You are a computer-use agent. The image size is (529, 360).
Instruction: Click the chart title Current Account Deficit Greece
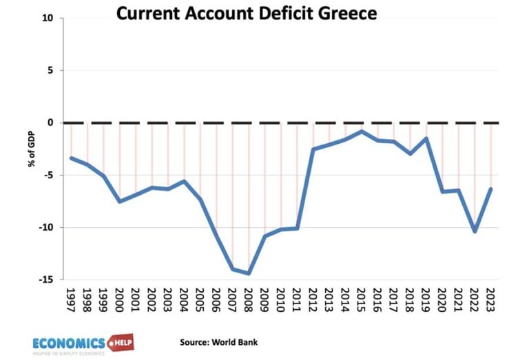click(246, 14)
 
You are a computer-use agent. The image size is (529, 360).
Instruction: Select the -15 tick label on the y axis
click(46, 279)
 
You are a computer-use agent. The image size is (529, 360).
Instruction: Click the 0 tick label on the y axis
click(50, 123)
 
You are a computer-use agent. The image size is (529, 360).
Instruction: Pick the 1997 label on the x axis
click(71, 301)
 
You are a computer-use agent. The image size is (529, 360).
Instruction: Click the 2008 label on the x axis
click(249, 301)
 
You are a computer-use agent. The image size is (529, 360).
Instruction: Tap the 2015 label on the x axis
click(362, 301)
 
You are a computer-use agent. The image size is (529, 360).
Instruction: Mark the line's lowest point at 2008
click(249, 273)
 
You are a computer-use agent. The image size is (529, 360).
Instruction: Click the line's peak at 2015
click(362, 131)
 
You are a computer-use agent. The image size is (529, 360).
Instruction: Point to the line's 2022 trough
click(475, 231)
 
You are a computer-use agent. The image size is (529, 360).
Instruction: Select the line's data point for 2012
click(313, 149)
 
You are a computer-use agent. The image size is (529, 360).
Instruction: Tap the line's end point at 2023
click(490, 189)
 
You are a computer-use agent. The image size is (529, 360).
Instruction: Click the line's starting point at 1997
click(71, 158)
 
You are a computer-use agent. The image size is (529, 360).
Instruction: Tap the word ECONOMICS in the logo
click(69, 343)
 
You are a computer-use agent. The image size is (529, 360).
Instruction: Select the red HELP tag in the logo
click(122, 342)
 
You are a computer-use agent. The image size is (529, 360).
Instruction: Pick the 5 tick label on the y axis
click(50, 70)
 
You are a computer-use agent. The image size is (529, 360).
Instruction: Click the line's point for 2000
click(120, 201)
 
